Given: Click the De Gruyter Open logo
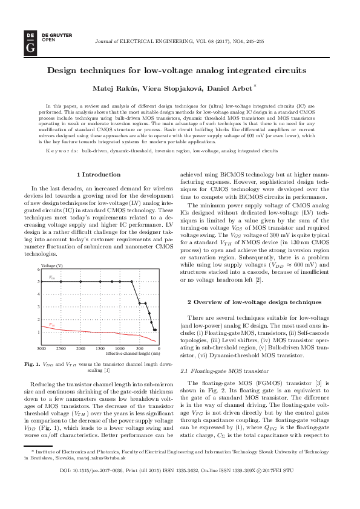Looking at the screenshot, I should point(29,42).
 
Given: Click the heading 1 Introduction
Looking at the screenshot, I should point(99,174).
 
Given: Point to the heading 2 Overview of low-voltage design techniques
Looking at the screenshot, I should point(254,301).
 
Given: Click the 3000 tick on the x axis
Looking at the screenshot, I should point(41,349).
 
